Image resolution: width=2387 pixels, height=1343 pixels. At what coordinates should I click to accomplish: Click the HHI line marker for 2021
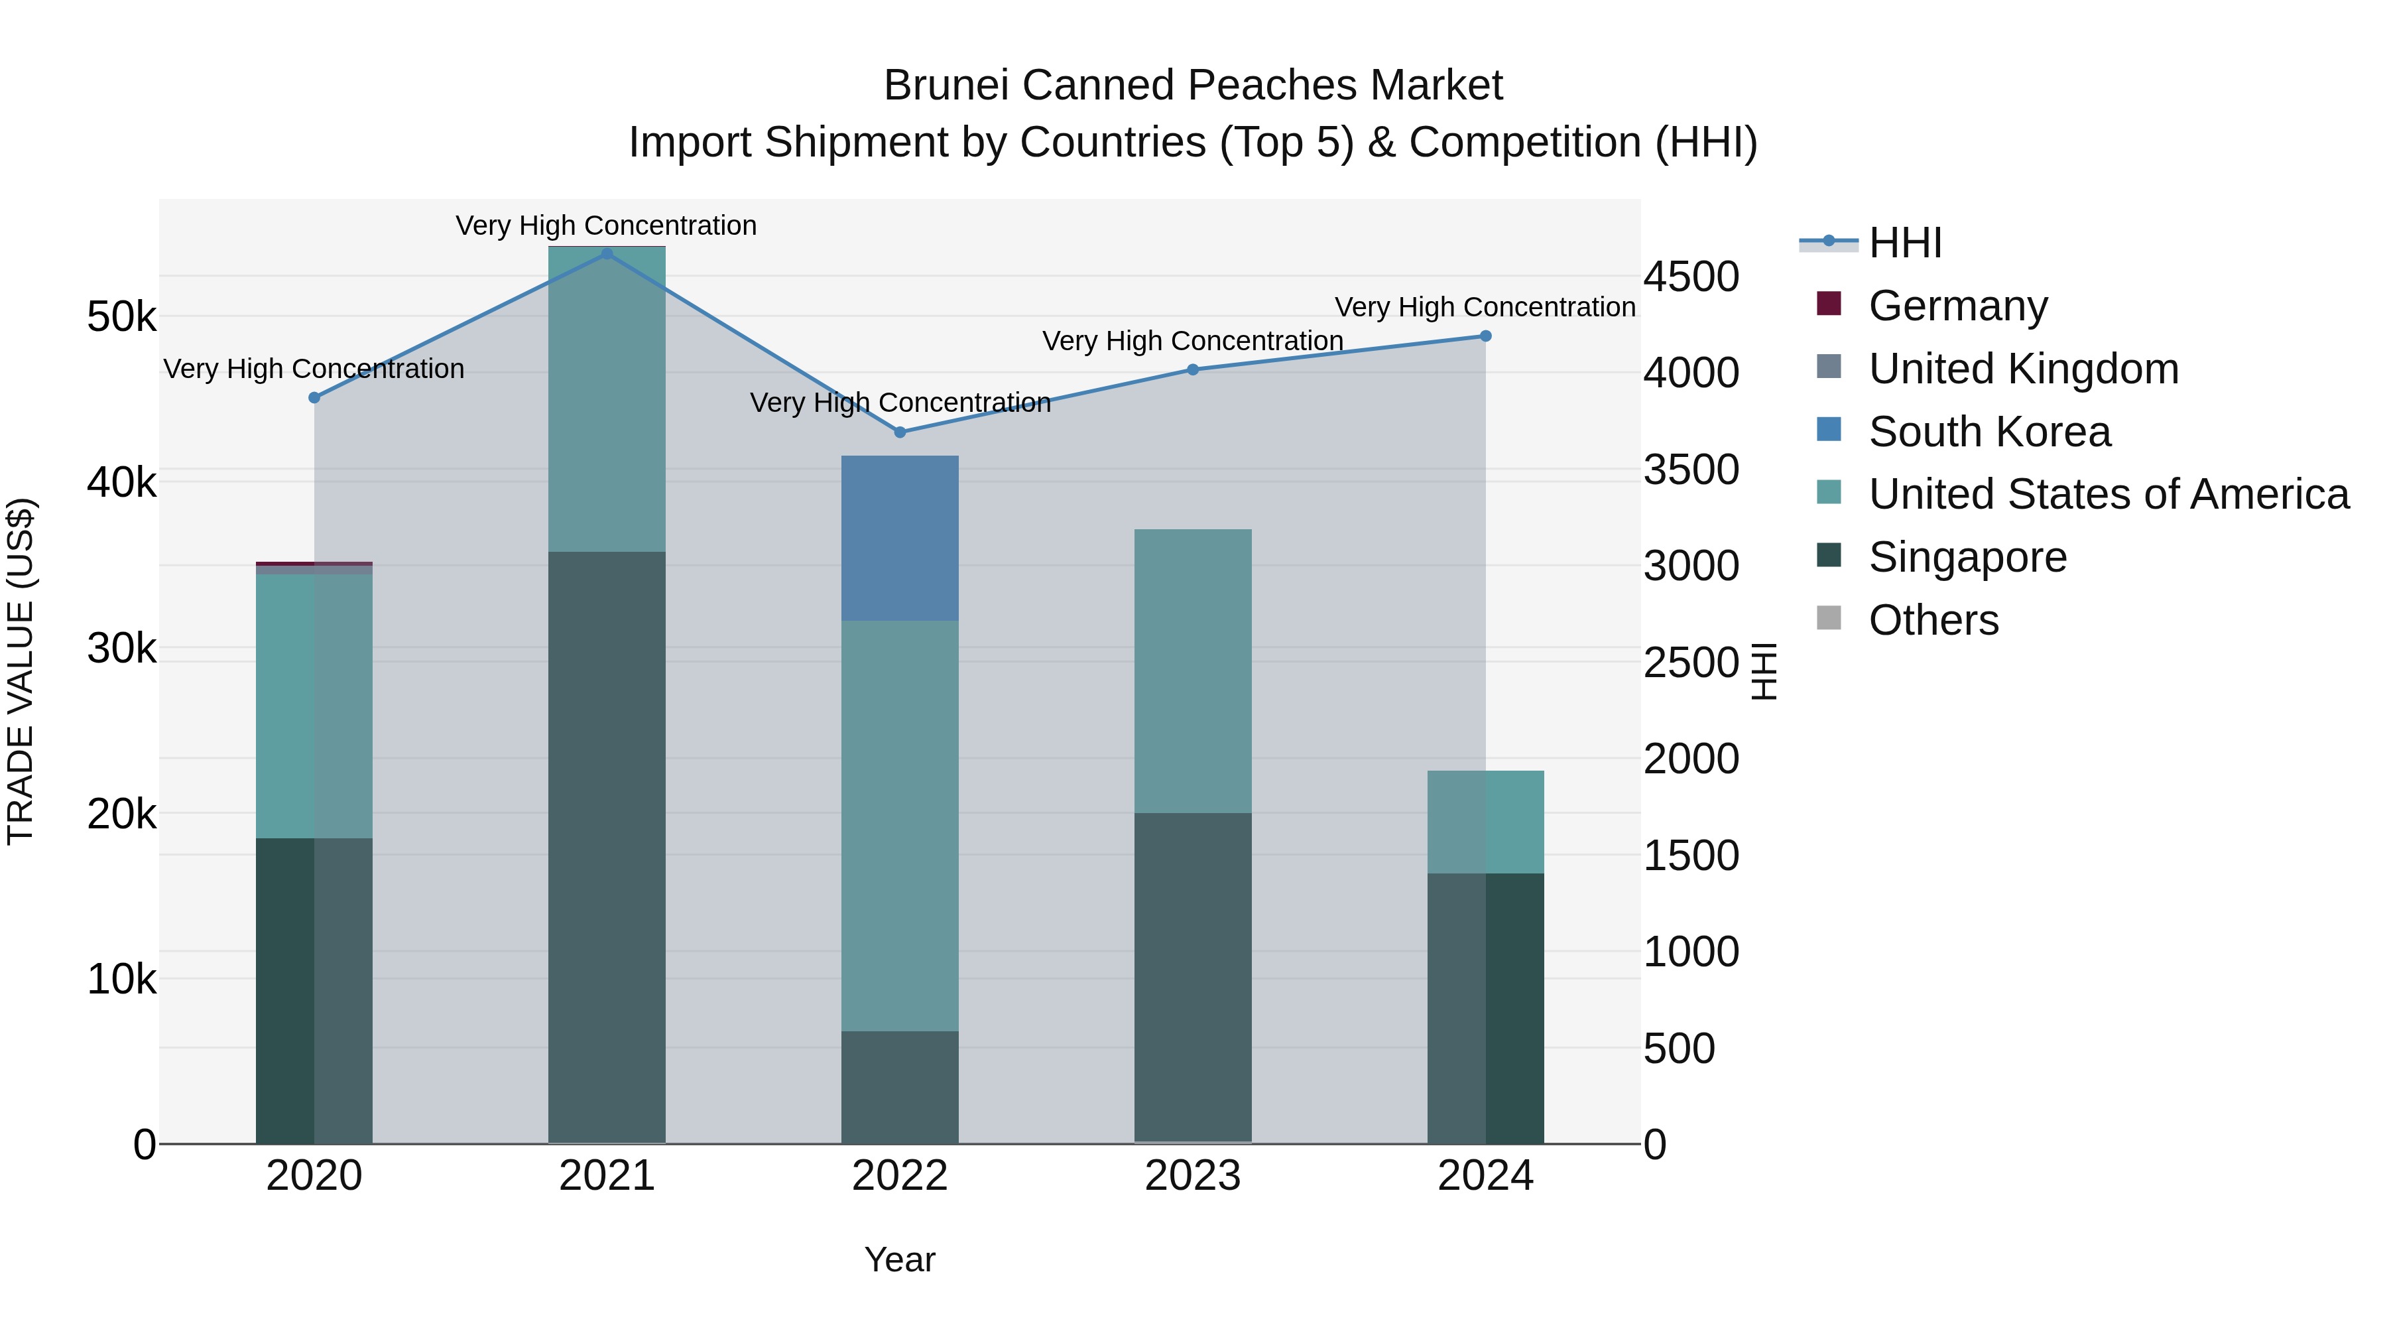coord(607,254)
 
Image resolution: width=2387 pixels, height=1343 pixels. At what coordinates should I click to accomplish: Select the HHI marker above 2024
coord(1485,336)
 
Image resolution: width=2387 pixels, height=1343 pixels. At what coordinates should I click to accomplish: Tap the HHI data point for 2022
coord(900,432)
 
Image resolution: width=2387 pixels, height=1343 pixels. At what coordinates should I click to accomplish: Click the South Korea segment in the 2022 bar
coord(900,539)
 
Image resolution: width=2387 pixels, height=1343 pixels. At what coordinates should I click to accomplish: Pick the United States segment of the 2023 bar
coord(1193,671)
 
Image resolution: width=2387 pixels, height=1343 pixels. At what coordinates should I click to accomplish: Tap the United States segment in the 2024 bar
coord(1485,822)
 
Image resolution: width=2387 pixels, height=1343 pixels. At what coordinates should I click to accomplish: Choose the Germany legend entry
coord(1957,306)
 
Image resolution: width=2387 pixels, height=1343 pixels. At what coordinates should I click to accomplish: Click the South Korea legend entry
coord(1989,432)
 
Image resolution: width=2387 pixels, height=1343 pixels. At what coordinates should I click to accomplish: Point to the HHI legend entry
coord(1904,243)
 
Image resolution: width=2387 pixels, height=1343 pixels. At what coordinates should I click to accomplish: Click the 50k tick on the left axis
coord(121,317)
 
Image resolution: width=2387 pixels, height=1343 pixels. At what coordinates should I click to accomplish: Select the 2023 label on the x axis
coord(1193,1176)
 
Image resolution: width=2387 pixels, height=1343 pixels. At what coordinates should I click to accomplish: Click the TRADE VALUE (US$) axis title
coord(21,671)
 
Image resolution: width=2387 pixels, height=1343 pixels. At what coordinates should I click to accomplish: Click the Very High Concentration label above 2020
coord(314,369)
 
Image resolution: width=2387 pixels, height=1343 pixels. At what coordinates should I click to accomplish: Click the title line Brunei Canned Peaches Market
coord(1193,86)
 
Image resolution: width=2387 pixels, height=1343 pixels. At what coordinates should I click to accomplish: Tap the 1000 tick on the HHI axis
coord(1691,952)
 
